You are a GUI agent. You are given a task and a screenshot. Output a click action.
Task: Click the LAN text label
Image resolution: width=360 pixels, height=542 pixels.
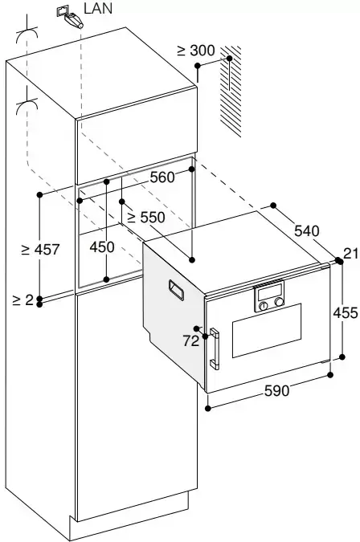[x=98, y=8]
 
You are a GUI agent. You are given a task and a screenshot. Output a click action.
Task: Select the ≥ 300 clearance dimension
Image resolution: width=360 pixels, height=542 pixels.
[x=196, y=51]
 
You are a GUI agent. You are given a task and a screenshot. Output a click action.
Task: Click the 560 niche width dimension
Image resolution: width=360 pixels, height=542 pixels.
[x=162, y=177]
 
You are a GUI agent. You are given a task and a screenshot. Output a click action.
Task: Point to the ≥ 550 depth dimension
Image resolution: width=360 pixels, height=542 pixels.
[x=146, y=218]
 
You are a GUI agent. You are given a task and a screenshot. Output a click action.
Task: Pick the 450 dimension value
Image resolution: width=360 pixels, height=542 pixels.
[x=102, y=247]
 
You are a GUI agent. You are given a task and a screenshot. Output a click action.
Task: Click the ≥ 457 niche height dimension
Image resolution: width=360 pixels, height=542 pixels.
[x=40, y=249]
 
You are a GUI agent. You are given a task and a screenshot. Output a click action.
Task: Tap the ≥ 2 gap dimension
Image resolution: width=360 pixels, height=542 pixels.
[x=22, y=300]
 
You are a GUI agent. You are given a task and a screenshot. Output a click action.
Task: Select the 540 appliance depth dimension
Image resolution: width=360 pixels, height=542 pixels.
[x=307, y=230]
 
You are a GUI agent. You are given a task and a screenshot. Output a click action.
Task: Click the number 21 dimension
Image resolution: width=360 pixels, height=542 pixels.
[x=352, y=254]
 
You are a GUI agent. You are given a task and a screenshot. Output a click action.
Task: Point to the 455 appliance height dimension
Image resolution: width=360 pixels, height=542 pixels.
[x=345, y=313]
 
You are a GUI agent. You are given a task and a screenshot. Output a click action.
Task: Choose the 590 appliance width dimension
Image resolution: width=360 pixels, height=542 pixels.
[x=276, y=390]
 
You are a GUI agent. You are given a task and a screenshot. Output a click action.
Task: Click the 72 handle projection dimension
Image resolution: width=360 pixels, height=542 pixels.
[x=191, y=340]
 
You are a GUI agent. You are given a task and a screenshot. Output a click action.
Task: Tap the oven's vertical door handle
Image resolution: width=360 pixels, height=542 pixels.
[x=215, y=348]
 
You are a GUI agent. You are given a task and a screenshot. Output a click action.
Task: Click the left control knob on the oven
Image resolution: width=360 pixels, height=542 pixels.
[x=264, y=306]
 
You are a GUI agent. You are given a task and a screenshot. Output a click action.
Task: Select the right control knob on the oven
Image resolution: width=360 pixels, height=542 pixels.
[x=279, y=302]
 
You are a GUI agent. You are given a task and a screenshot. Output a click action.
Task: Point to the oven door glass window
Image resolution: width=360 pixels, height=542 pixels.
[x=267, y=331]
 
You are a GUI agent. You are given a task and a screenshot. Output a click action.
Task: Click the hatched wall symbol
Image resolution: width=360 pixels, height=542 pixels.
[x=231, y=91]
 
